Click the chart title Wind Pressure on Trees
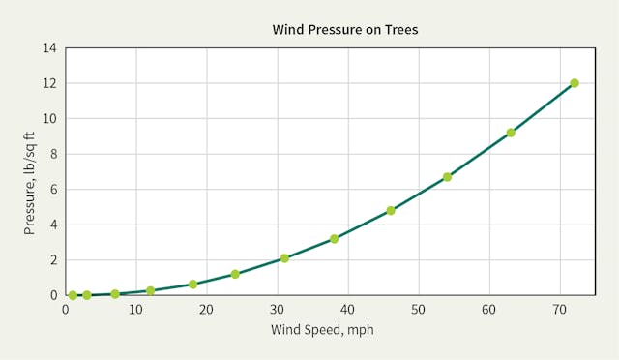[x=345, y=30]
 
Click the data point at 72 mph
[x=575, y=83]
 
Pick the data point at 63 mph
[x=511, y=133]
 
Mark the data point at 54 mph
[x=447, y=177]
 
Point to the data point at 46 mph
[x=391, y=210]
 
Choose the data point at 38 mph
[x=334, y=238]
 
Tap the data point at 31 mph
[x=284, y=258]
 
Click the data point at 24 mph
[x=235, y=274]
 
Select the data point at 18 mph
[x=192, y=285]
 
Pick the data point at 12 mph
[x=150, y=290]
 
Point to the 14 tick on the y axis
[x=49, y=48]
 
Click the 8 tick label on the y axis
[x=53, y=154]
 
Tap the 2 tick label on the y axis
[x=53, y=259]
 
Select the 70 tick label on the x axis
[x=560, y=310]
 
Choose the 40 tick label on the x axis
[x=348, y=310]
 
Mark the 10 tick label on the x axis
[x=135, y=310]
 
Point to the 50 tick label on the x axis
[x=419, y=310]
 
